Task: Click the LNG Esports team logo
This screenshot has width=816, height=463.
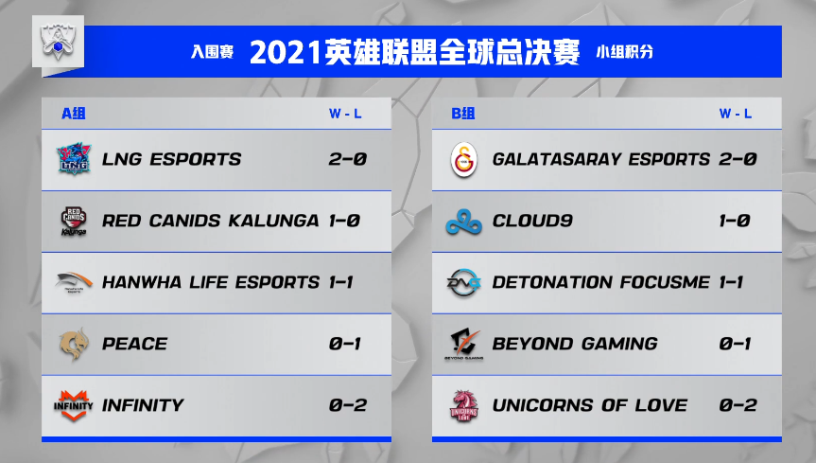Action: point(74,158)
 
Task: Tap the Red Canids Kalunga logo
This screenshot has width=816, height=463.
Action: point(74,221)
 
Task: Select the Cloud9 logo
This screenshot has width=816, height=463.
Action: point(464,221)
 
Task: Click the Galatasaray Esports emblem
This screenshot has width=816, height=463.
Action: point(464,159)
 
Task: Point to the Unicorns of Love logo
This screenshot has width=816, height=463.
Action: point(464,405)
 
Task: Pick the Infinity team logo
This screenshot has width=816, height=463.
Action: point(74,405)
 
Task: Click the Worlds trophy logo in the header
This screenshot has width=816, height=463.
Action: point(59,41)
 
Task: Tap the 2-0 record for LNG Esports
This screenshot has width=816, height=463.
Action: point(347,159)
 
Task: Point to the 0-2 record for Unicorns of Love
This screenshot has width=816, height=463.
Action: point(738,405)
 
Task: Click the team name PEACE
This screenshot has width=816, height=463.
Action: point(133,344)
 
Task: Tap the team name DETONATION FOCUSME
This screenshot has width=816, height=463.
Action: point(600,282)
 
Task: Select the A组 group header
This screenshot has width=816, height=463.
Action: point(74,114)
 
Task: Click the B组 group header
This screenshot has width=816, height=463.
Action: point(463,114)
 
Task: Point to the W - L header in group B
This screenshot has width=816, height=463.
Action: point(736,114)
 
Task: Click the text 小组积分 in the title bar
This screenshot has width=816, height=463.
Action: point(625,52)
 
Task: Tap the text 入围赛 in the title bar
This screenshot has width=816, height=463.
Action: point(213,52)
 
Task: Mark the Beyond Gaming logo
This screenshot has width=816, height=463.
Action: point(464,344)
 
